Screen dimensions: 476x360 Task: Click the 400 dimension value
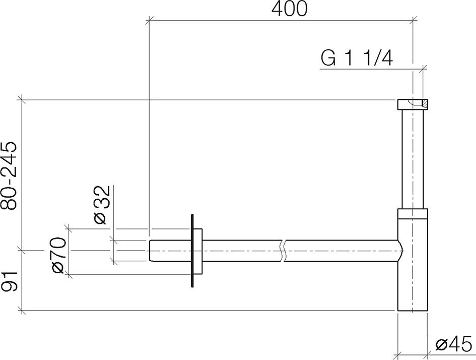289,9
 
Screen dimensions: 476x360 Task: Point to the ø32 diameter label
101,205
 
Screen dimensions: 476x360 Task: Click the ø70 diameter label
58,256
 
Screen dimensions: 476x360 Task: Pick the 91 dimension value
9,281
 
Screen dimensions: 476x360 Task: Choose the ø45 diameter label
454,345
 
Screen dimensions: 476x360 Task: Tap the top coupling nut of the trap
413,104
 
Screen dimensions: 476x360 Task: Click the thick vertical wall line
192,251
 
